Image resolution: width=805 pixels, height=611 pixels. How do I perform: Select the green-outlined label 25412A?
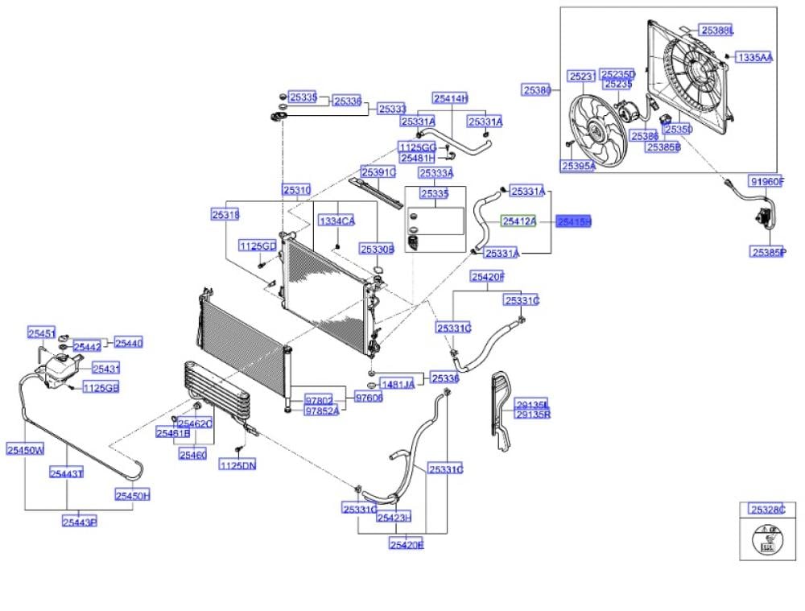518,221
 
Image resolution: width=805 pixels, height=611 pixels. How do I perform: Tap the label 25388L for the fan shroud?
716,31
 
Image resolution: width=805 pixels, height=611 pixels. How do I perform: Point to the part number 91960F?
766,182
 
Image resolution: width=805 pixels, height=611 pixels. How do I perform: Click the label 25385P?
768,252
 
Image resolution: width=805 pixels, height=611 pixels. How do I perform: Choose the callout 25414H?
450,98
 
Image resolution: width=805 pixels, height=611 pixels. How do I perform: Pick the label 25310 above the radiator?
296,190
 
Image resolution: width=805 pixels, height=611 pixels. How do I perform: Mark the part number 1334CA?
337,221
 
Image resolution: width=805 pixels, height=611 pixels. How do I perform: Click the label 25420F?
488,278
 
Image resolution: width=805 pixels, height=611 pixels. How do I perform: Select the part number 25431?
105,368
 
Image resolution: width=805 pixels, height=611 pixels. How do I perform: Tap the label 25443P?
79,522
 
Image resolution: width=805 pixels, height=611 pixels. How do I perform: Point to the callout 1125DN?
237,465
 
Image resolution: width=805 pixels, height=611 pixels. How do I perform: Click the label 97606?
369,397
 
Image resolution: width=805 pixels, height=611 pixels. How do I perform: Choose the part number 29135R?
532,415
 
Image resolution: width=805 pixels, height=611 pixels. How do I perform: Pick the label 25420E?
407,545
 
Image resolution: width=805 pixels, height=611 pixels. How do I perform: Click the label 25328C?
767,510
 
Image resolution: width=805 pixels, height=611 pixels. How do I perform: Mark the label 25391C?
378,172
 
